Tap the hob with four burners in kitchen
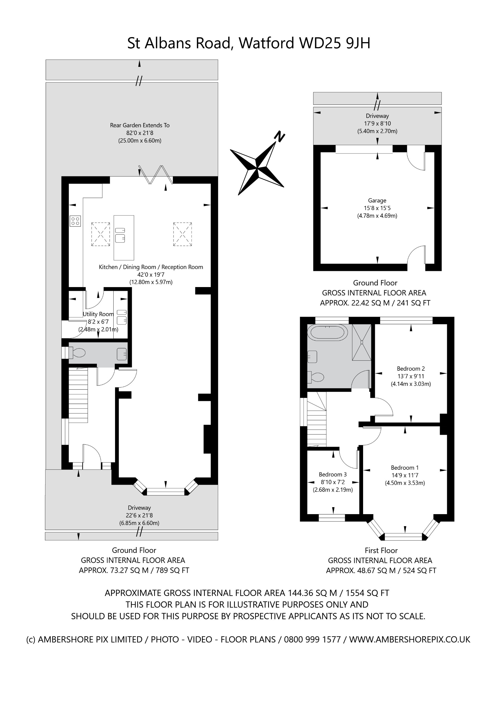[75, 221]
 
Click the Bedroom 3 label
[333, 475]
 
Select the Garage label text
[377, 200]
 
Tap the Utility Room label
[98, 314]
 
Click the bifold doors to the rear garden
[156, 175]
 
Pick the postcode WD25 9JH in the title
[335, 43]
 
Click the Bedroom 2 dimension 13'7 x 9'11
[411, 376]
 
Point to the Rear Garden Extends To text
[140, 125]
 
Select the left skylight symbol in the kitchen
[101, 234]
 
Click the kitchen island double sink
[120, 235]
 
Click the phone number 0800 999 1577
[312, 640]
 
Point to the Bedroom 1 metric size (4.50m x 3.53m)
[405, 483]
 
